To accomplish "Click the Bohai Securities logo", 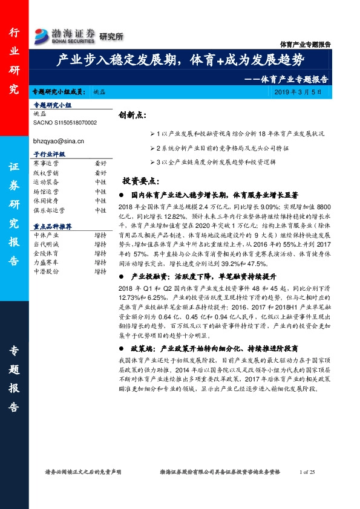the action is [65, 36].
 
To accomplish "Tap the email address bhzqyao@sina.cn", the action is [58, 140].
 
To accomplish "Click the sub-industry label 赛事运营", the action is [45, 163].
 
